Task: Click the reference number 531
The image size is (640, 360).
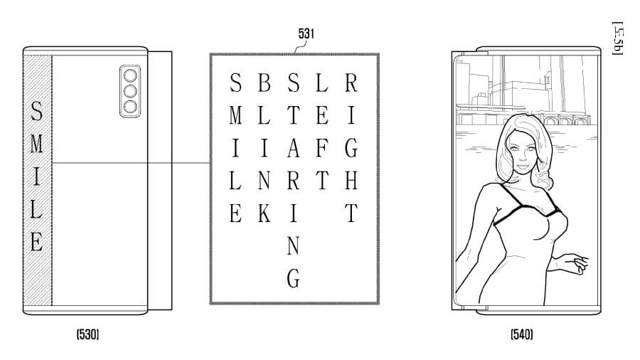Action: (x=307, y=33)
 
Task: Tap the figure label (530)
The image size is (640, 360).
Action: (x=87, y=334)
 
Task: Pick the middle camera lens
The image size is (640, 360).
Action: (x=129, y=91)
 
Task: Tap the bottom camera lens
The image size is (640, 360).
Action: (x=129, y=107)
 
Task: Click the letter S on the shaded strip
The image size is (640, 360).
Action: (x=38, y=113)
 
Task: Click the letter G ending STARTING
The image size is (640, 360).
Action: (x=293, y=278)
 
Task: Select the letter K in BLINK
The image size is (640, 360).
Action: (x=264, y=215)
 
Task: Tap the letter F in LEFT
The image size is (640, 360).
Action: (x=321, y=148)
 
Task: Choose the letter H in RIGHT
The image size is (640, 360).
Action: (x=351, y=181)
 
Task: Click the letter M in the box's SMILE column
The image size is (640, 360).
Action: (x=235, y=115)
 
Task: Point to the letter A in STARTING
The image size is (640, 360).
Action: (x=293, y=148)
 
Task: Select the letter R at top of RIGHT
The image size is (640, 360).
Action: (x=351, y=83)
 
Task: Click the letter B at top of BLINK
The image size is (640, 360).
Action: (x=264, y=83)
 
